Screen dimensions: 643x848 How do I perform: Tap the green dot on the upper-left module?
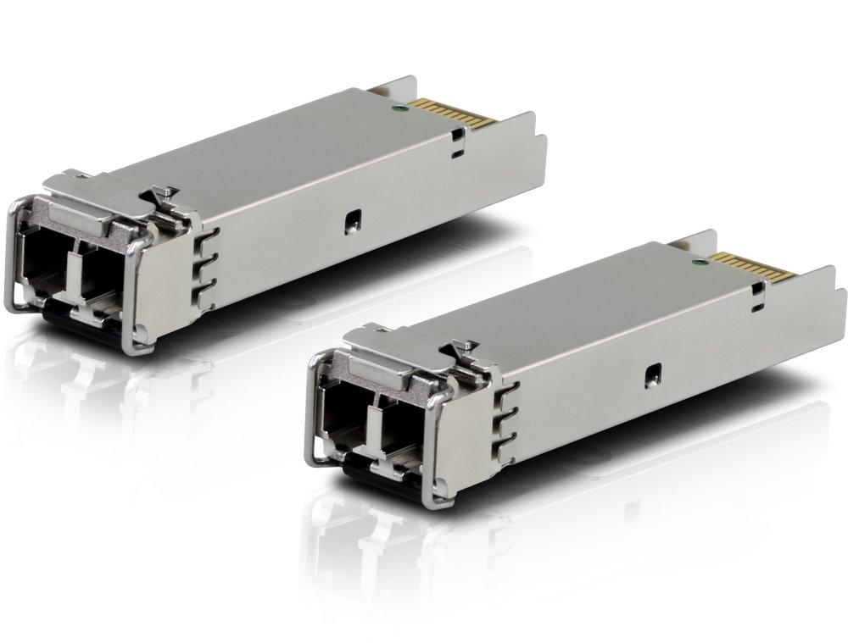click(396, 108)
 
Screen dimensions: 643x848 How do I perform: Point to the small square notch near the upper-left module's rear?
click(459, 134)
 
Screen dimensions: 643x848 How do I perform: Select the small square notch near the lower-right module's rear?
click(756, 288)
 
